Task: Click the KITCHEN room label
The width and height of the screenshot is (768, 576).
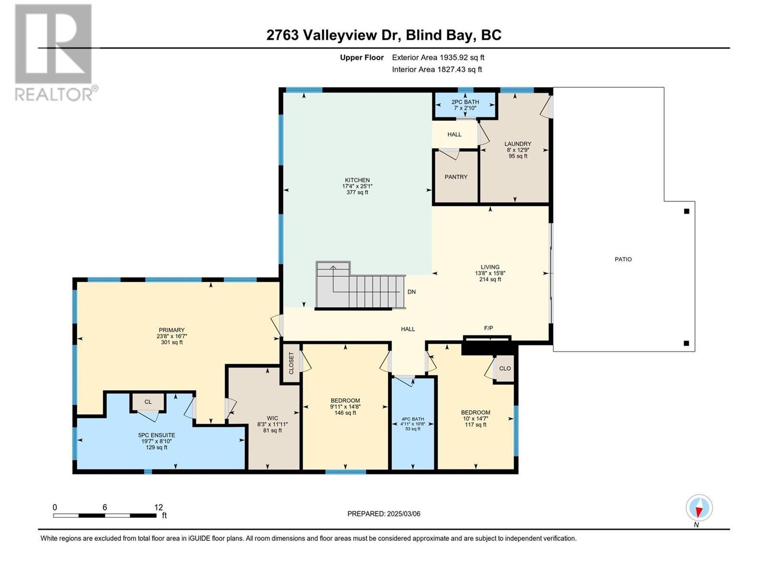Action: click(x=356, y=180)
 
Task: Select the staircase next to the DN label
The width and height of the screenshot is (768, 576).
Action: click(x=360, y=286)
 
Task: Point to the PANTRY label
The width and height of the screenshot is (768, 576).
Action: click(x=456, y=177)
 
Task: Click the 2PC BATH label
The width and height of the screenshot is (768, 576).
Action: click(x=465, y=102)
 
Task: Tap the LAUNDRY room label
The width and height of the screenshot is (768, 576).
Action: click(x=517, y=144)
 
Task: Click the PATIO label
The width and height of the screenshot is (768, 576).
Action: click(x=623, y=259)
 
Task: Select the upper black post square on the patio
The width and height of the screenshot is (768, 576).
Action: click(x=686, y=211)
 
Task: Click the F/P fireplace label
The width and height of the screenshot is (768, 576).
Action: click(x=488, y=328)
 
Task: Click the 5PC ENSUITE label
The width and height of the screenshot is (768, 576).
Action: click(x=156, y=435)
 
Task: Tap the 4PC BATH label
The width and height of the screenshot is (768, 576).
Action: click(x=413, y=419)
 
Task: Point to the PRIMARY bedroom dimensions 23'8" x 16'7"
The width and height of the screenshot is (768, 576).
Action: click(x=171, y=336)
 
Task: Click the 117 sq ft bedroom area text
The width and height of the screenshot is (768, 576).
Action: click(x=475, y=424)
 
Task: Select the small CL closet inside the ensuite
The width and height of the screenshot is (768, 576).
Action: click(x=148, y=402)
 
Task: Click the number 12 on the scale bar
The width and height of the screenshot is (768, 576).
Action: click(x=158, y=507)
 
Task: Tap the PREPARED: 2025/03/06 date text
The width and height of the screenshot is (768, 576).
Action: click(x=384, y=514)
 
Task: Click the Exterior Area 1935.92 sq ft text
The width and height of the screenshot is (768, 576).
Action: click(x=438, y=57)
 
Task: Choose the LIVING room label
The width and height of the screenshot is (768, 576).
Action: click(x=490, y=267)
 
